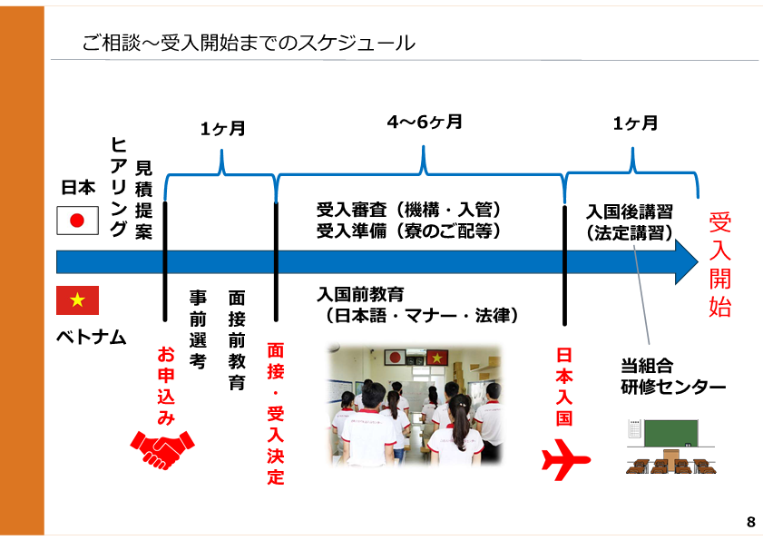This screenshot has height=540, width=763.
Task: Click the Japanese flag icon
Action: click(x=77, y=221)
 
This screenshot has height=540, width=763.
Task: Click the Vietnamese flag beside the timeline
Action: click(x=77, y=299)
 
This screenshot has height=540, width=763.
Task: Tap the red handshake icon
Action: click(x=162, y=449)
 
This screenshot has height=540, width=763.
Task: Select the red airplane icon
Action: click(x=565, y=459)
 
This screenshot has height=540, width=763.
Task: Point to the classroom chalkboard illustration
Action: click(x=670, y=446)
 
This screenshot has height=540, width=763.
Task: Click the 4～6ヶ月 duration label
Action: click(x=425, y=122)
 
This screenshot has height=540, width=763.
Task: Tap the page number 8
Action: click(x=751, y=522)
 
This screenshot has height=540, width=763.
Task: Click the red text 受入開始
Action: click(x=720, y=265)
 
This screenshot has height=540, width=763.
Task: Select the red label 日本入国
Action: click(x=564, y=387)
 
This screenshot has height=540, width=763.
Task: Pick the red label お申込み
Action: click(x=166, y=385)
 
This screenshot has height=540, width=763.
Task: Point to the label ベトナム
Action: click(x=92, y=337)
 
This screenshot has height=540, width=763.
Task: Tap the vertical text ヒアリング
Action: click(x=119, y=186)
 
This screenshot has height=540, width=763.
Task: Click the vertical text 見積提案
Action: click(x=143, y=200)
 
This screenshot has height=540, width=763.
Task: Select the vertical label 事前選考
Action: click(x=198, y=329)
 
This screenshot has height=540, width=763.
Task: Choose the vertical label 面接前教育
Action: click(x=237, y=340)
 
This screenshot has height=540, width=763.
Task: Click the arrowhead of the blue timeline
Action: click(x=687, y=262)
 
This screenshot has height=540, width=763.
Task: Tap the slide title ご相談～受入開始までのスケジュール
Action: click(x=249, y=43)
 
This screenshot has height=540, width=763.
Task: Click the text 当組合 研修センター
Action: click(x=673, y=377)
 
